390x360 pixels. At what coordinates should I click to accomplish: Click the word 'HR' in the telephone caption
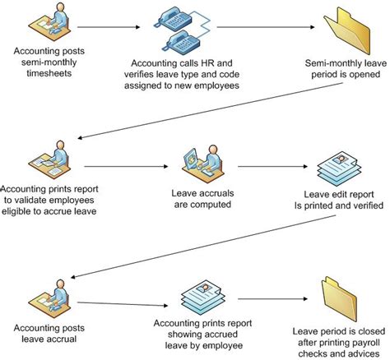pyautogui.click(x=206, y=62)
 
